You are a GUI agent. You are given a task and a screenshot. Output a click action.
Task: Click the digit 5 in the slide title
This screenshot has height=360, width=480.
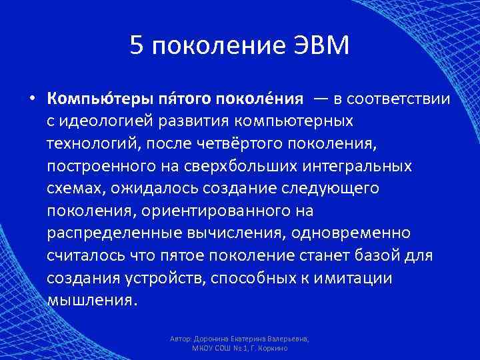[x=137, y=47]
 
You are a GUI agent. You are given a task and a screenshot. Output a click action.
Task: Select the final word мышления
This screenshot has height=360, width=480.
[x=91, y=299]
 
